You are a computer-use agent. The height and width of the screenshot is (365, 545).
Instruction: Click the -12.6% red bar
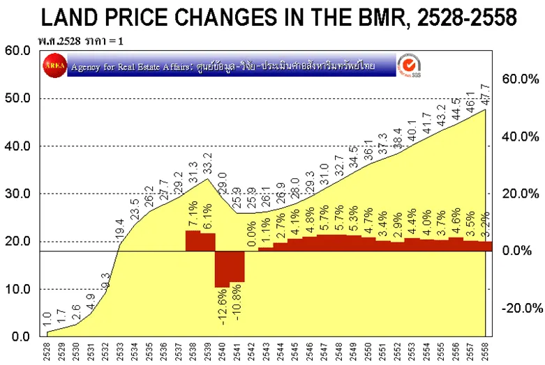pos(223,269)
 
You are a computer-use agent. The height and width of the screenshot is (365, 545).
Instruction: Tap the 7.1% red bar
pos(193,241)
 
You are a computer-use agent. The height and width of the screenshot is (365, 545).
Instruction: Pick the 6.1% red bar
pos(208,242)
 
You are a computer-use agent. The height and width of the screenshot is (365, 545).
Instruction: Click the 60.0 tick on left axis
pos(17,50)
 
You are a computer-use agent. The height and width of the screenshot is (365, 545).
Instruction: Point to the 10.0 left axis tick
pos(17,289)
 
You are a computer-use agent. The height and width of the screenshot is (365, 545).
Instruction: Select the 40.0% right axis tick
pos(520,137)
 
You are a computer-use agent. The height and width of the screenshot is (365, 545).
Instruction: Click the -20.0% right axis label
pos(520,308)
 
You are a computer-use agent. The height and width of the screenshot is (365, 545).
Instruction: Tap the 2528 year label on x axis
pos(47,352)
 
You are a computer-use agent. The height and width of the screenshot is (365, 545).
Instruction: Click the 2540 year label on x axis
pos(223,352)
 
